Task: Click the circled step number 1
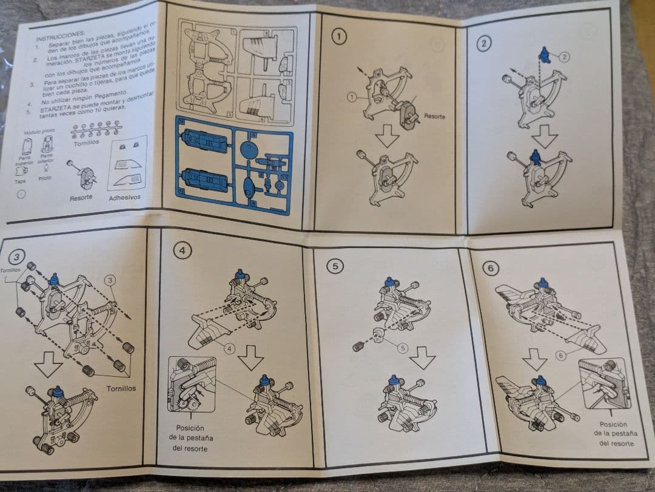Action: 340,36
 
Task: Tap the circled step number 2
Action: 483,42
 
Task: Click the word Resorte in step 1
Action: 435,115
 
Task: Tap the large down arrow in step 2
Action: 544,136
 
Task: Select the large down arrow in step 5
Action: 420,362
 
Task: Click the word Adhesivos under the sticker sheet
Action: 124,197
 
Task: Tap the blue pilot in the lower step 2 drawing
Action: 535,158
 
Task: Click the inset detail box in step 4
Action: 192,385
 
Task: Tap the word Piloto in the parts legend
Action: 45,178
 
